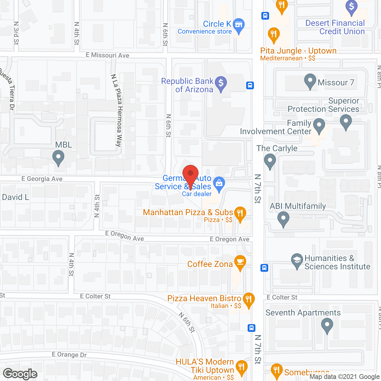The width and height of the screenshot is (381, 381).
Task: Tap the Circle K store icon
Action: (239, 25)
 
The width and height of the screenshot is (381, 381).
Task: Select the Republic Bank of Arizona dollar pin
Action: (221, 83)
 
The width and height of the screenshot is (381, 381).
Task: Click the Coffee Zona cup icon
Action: (240, 262)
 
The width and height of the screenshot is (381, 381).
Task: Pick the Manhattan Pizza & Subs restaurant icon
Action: (240, 213)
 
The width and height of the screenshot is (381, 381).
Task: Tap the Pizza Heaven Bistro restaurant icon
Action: (249, 299)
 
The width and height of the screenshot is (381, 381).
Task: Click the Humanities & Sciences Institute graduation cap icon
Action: (297, 260)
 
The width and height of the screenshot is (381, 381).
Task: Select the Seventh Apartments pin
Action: (327, 325)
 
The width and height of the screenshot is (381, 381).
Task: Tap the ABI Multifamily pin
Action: (283, 218)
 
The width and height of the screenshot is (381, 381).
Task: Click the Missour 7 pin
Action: (310, 81)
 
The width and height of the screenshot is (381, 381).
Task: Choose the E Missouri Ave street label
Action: (107, 55)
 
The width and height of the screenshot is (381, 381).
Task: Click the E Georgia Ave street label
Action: (42, 179)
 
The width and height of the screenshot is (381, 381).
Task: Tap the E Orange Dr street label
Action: (69, 355)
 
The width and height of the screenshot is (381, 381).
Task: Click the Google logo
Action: (20, 374)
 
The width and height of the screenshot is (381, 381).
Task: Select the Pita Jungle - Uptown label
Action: (298, 51)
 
